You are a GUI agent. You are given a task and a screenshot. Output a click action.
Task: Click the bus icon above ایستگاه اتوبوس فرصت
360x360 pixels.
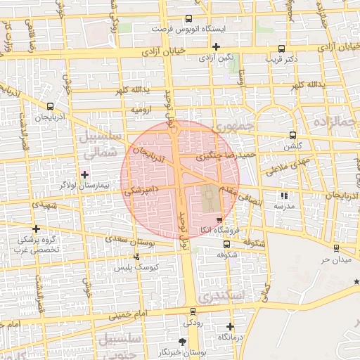pyautogui.click(x=188, y=19)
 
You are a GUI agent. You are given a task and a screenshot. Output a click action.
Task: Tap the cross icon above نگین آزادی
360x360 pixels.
pyautogui.click(x=216, y=46)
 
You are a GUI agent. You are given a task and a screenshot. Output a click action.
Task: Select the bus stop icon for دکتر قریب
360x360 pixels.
pyautogui.click(x=281, y=49)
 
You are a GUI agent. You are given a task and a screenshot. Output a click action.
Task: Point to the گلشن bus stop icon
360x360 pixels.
pyautogui.click(x=292, y=136)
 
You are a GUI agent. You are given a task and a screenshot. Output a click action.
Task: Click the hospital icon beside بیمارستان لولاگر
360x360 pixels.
pyautogui.click(x=85, y=174)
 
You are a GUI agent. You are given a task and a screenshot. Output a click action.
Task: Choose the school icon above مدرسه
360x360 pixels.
pyautogui.click(x=284, y=196)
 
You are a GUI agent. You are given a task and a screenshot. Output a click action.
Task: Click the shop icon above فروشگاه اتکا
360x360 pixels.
pyautogui.click(x=220, y=220)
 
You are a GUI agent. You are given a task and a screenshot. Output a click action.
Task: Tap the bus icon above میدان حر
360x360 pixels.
pyautogui.click(x=336, y=248)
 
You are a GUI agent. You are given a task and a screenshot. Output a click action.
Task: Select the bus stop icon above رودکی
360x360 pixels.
pyautogui.click(x=193, y=311)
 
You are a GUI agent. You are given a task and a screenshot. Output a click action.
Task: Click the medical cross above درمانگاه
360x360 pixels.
pyautogui.click(x=231, y=326)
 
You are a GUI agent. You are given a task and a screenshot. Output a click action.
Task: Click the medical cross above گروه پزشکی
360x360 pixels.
pyautogui.click(x=36, y=229)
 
